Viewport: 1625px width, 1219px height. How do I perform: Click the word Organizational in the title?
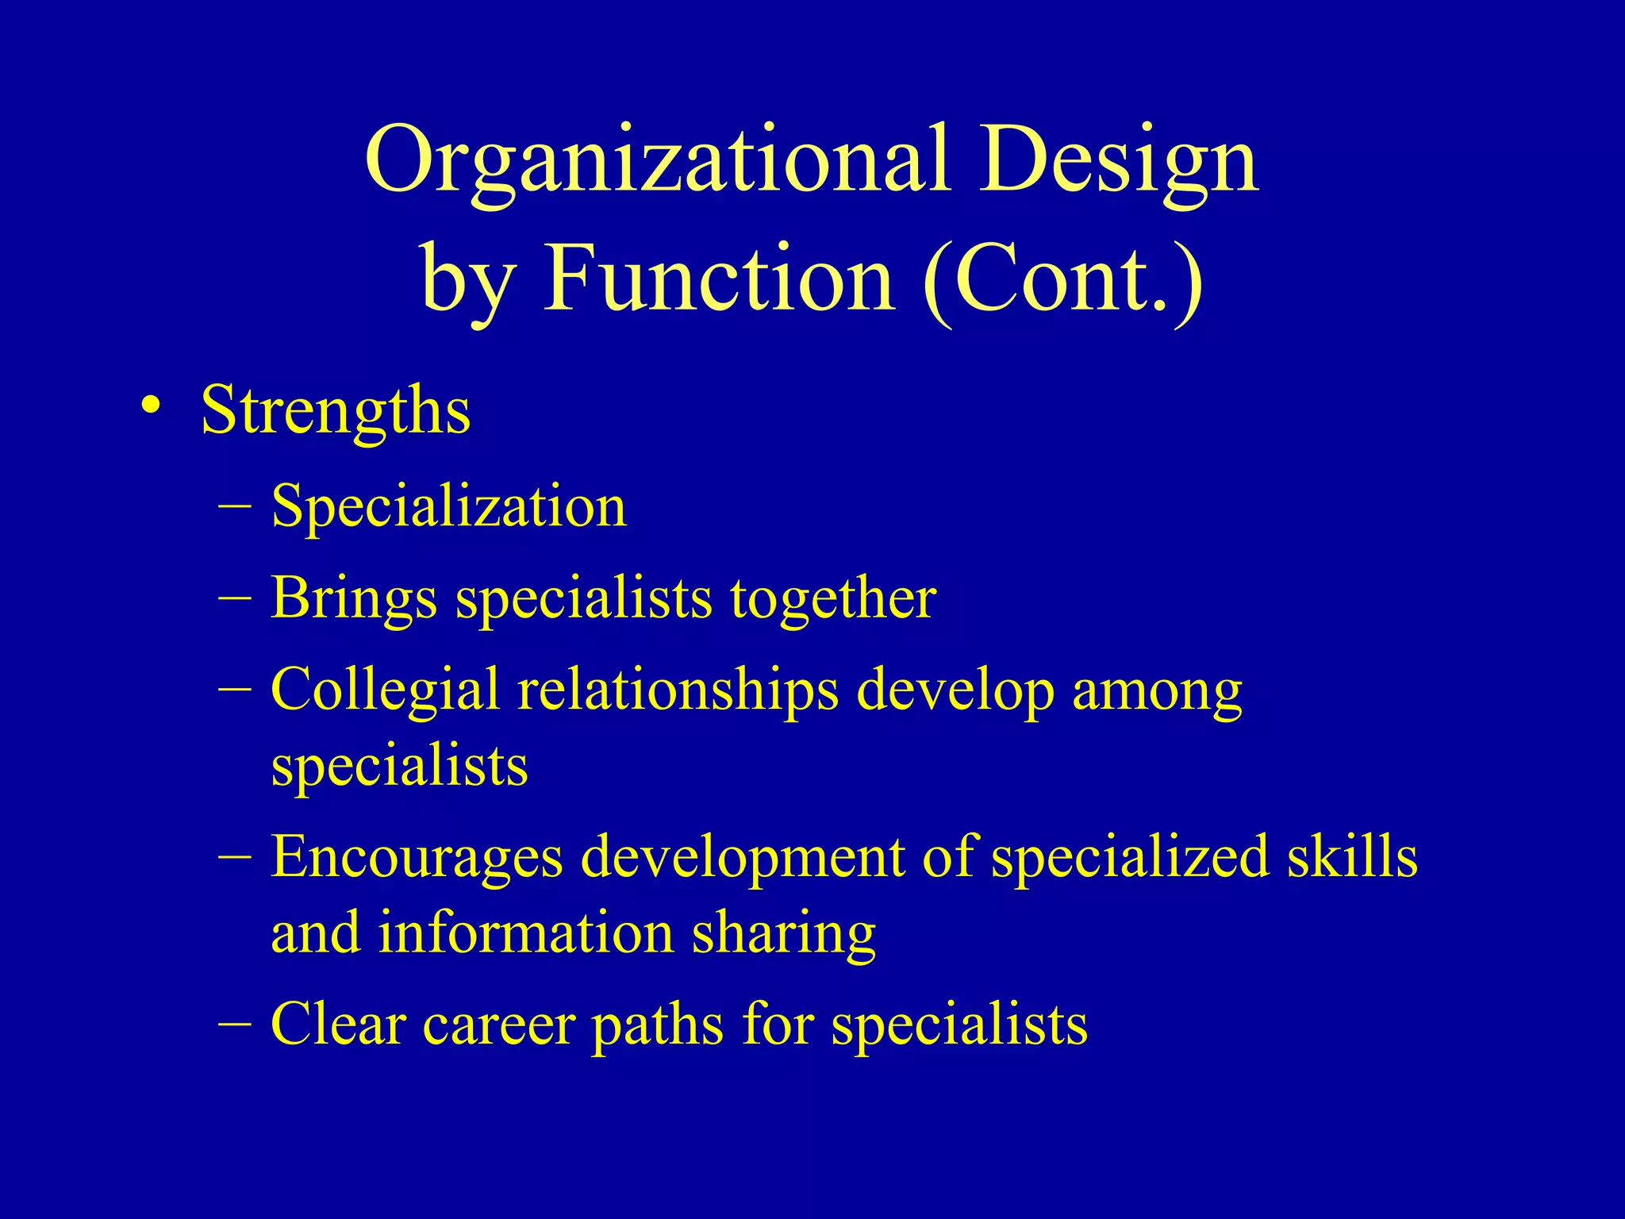[x=658, y=160]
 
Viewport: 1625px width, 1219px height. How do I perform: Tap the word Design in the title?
[x=1119, y=160]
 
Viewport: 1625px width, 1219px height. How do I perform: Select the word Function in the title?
[x=718, y=279]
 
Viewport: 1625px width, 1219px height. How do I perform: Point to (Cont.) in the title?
[x=1063, y=279]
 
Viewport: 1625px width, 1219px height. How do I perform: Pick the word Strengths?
[x=336, y=411]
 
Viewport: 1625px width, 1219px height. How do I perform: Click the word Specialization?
[x=449, y=506]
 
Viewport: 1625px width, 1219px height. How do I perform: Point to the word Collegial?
[x=386, y=689]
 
